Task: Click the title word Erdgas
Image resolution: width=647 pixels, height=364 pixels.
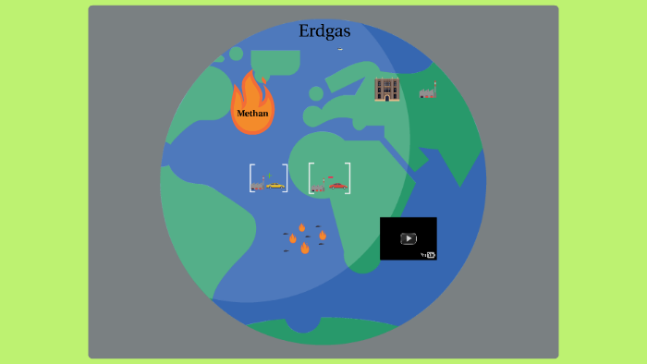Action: coord(324,31)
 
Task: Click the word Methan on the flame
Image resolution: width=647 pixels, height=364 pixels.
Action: coord(252,114)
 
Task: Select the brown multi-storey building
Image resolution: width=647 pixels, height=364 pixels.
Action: coord(386,89)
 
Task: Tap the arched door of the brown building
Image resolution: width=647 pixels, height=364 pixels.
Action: coord(386,96)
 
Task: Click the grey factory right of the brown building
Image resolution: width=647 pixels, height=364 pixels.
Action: coord(428,91)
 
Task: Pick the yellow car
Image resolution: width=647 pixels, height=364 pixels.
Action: coord(275,185)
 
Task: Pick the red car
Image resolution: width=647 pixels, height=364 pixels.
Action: coord(337,186)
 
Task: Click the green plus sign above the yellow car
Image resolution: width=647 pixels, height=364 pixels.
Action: coord(269,175)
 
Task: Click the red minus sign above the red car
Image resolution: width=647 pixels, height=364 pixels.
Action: coord(330,176)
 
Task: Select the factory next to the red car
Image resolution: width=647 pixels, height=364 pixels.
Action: coord(319,187)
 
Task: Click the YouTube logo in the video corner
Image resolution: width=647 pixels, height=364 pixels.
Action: coord(430,254)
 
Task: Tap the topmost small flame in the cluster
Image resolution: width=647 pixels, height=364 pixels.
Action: coord(301,226)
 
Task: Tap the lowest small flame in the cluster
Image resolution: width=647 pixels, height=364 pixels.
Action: coord(304,248)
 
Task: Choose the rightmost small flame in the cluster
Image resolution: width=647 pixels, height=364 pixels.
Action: coord(322,235)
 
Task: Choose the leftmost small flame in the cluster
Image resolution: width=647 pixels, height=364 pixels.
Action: coord(293,238)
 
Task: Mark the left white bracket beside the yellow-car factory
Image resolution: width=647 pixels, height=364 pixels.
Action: coord(251,178)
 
